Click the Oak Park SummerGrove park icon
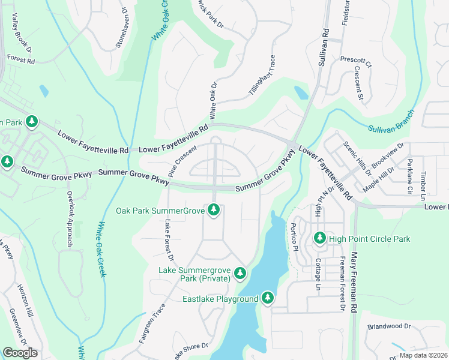(x=214, y=210)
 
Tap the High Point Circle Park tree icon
(x=319, y=238)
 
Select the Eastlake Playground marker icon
(x=267, y=298)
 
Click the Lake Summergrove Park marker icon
(x=240, y=273)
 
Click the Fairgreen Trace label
(x=152, y=323)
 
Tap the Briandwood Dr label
(x=388, y=327)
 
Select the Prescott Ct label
(x=356, y=61)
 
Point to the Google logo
(x=20, y=352)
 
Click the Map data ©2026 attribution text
(x=423, y=355)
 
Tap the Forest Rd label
(x=21, y=59)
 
